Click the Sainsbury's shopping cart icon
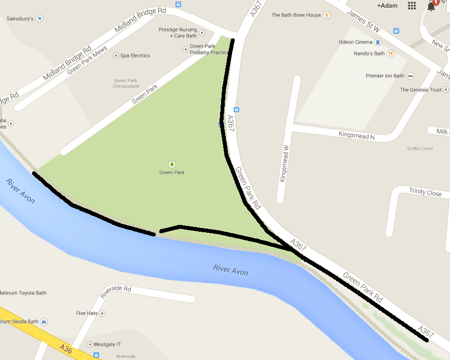[39, 19]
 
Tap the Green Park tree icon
[172, 164]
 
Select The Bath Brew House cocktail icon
[326, 15]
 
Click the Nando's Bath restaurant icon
[390, 54]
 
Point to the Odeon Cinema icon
[378, 42]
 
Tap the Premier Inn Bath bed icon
[410, 76]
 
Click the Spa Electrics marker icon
[116, 56]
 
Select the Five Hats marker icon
[102, 313]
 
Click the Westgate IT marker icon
[89, 344]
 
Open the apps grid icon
[412, 5]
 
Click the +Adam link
[387, 5]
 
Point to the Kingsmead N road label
[357, 136]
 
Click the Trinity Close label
[425, 193]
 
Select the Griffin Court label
[420, 149]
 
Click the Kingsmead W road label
[283, 166]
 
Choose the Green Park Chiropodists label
[126, 83]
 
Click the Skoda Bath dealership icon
[44, 322]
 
